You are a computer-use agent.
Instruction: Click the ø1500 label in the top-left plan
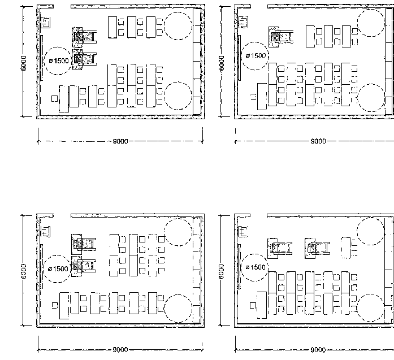[x=59, y=61]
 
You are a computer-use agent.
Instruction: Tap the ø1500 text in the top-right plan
[x=256, y=56]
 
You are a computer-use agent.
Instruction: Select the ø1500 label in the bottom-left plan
[x=58, y=269]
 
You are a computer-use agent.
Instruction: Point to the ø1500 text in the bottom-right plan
[x=256, y=267]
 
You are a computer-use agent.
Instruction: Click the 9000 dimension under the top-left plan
[x=120, y=141]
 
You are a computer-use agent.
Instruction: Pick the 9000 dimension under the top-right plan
[x=318, y=141]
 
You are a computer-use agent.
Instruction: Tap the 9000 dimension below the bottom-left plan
[x=120, y=350]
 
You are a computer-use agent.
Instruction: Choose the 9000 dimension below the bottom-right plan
[x=318, y=350]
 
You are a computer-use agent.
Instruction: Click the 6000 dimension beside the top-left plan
[x=23, y=63]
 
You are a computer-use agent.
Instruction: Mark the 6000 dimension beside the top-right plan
[x=221, y=63]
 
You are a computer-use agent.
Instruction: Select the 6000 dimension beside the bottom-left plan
[x=23, y=272]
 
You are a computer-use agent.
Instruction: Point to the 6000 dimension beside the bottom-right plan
[x=221, y=272]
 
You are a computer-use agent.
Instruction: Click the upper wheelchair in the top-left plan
[x=84, y=37]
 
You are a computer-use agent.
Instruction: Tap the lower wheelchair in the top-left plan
[x=84, y=59]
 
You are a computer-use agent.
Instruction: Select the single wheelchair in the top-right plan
[x=281, y=37]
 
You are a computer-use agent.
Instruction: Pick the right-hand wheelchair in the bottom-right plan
[x=317, y=248]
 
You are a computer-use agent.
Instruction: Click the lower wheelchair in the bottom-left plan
[x=84, y=266]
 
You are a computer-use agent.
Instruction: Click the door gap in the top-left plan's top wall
[x=62, y=6]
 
